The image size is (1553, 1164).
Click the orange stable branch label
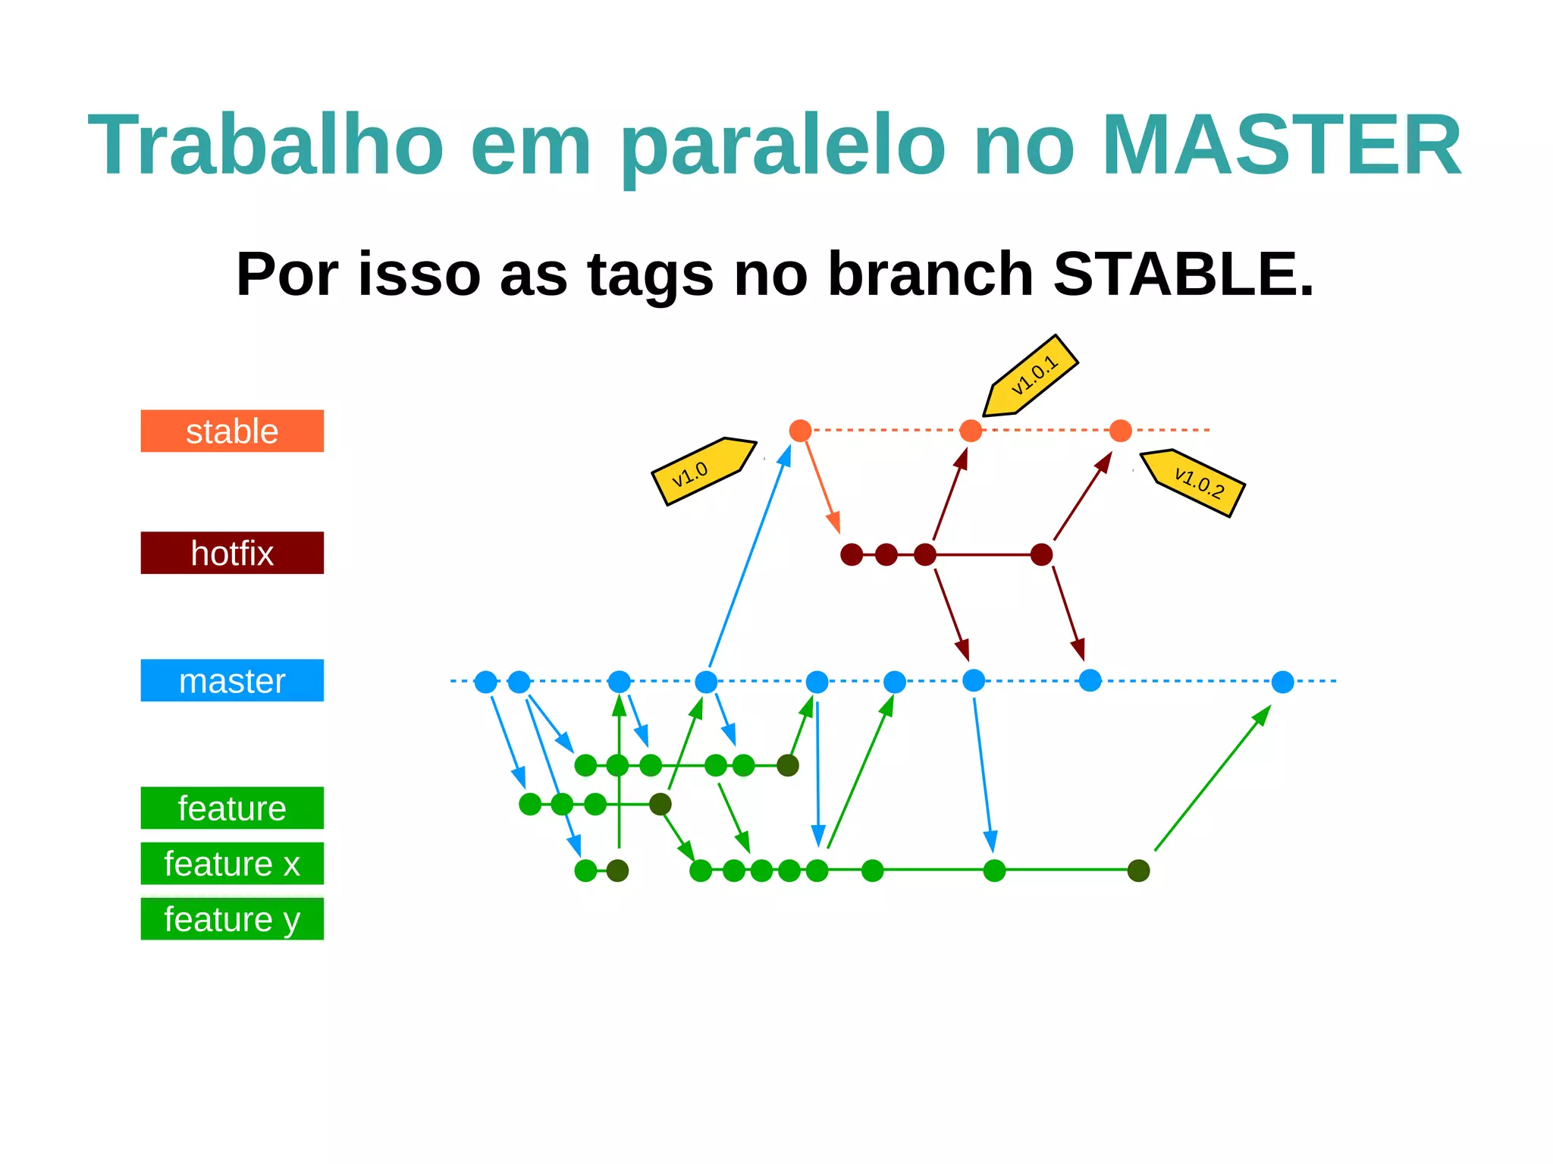[x=232, y=431]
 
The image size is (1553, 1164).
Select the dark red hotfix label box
[x=232, y=553]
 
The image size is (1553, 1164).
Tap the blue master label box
[x=232, y=680]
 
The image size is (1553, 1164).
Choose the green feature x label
[x=232, y=863]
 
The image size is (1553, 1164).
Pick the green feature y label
[x=232, y=918]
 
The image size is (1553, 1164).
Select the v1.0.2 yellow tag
[x=1195, y=482]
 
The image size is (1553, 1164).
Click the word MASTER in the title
[x=1281, y=145]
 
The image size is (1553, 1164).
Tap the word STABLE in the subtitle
[x=1182, y=274]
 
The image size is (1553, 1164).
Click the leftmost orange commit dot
[x=800, y=431]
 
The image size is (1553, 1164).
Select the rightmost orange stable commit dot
[x=1120, y=431]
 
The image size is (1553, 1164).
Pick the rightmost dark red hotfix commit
[x=1041, y=554]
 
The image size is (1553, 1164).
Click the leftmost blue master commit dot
[x=485, y=682]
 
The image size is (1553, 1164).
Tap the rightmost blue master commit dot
[x=1282, y=682]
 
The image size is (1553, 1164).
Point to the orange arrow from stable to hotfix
[x=822, y=485]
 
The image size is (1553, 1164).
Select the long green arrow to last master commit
[x=1211, y=779]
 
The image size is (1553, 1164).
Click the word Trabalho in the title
[x=265, y=145]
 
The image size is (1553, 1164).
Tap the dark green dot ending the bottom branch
[x=1138, y=871]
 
